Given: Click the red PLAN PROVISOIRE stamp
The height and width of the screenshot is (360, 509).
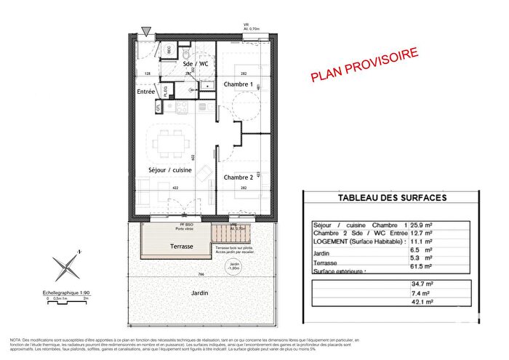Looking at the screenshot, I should [x=364, y=65].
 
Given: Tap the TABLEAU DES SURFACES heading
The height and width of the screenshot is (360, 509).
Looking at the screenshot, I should [x=393, y=198].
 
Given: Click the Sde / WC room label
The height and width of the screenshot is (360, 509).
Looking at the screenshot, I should [x=195, y=64].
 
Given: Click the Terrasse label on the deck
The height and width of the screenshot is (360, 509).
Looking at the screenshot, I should [x=178, y=247].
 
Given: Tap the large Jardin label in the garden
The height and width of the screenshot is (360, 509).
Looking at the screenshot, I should [x=201, y=292].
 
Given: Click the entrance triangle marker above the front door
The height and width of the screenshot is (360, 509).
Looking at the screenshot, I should [x=147, y=31].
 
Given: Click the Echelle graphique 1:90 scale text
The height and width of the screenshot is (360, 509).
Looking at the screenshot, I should [x=67, y=291].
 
